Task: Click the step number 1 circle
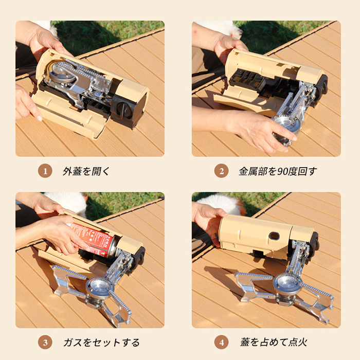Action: click(45, 171)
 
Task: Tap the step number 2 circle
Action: click(221, 171)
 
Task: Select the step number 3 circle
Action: click(45, 343)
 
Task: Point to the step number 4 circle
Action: click(221, 343)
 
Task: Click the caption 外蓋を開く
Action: click(86, 171)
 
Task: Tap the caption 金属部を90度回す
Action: click(278, 171)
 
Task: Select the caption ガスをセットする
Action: click(101, 343)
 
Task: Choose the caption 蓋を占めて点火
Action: click(274, 343)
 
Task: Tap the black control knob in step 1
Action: click(123, 110)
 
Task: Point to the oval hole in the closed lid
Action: click(274, 236)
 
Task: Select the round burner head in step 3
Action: click(99, 287)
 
